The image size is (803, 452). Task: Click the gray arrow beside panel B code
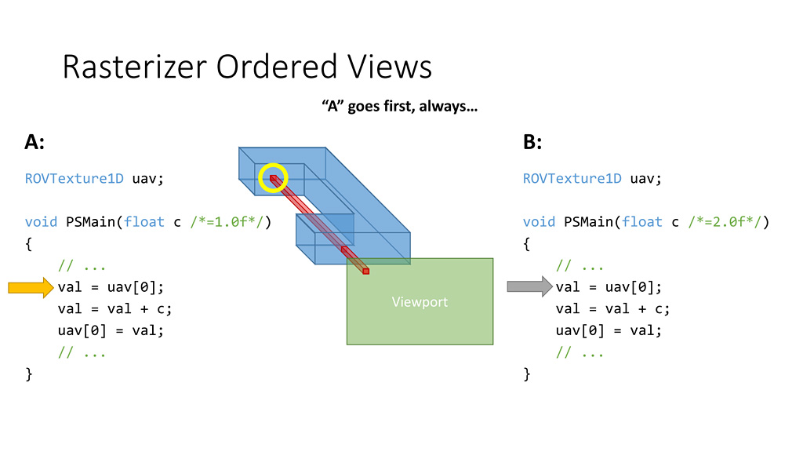[529, 287]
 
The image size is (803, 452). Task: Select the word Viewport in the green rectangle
[420, 301]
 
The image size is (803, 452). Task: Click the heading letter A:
[35, 142]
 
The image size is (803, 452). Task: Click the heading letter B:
[532, 142]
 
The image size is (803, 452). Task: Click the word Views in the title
[391, 67]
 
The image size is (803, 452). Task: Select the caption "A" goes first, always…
[400, 106]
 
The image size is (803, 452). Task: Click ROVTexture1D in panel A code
[74, 178]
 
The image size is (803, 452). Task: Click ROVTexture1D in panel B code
[572, 178]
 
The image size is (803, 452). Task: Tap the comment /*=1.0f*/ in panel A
[231, 222]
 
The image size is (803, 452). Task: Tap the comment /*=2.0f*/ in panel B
[729, 222]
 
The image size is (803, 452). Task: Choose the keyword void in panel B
[539, 222]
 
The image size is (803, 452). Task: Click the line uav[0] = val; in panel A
[111, 330]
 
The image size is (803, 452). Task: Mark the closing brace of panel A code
[29, 374]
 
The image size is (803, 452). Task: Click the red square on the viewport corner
[365, 271]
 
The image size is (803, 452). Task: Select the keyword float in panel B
[642, 222]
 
